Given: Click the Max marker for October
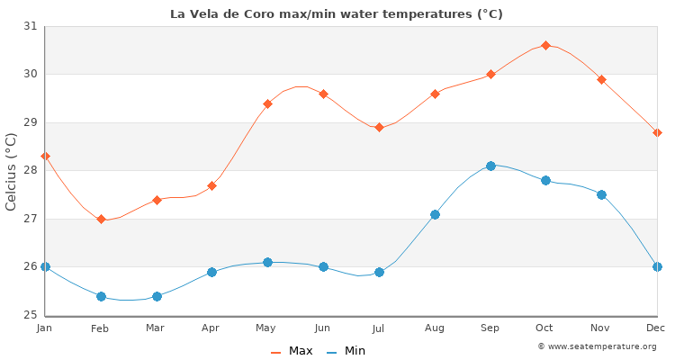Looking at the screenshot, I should click(545, 45).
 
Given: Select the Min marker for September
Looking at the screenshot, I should click(490, 166).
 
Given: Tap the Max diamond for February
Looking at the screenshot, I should click(101, 219).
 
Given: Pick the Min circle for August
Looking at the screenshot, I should click(435, 214).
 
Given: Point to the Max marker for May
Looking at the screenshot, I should click(267, 103).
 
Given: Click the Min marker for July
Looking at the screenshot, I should click(379, 272).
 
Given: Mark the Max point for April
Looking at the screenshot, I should click(211, 185).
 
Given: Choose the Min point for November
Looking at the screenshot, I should click(601, 194).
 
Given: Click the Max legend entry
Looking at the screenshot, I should click(292, 351).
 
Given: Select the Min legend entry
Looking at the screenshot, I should click(346, 351).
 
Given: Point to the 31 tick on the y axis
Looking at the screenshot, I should click(31, 26).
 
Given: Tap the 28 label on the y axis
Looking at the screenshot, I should click(31, 170).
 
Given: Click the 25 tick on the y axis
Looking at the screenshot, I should click(31, 315).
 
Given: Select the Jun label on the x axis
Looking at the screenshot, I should click(322, 328).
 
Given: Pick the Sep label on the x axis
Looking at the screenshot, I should click(490, 328).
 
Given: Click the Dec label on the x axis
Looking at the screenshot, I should click(656, 328).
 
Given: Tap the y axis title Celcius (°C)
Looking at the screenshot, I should click(12, 171).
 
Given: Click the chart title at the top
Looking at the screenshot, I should click(337, 13).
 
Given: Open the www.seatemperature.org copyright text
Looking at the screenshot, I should click(597, 346).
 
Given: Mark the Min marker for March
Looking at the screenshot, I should click(157, 295).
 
